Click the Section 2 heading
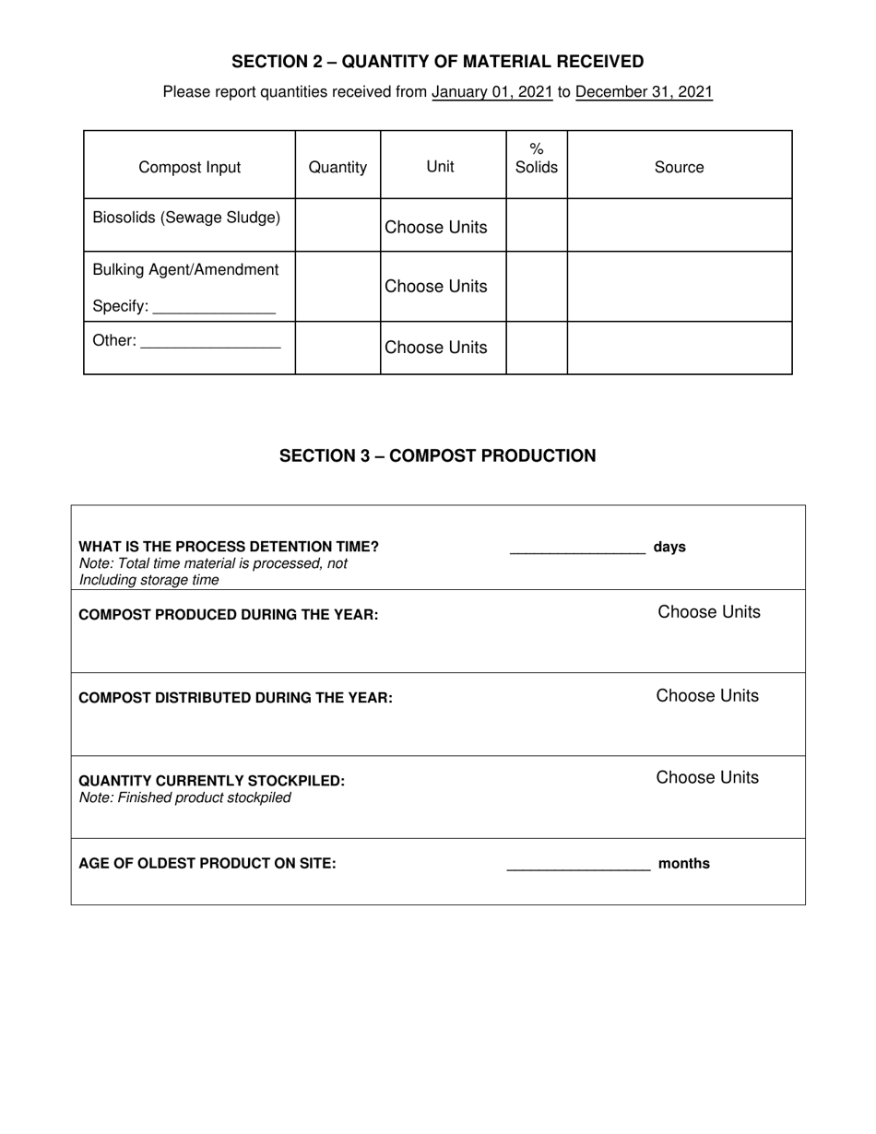[x=437, y=62]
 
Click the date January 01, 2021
[x=491, y=92]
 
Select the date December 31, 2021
[x=644, y=92]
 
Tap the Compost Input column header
[x=189, y=167]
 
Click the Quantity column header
[x=337, y=167]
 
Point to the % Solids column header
[x=536, y=159]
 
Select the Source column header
[x=679, y=167]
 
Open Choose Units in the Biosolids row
[x=435, y=228]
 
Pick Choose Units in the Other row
[x=435, y=348]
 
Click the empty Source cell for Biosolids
[x=679, y=226]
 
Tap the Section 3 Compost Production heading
[x=437, y=455]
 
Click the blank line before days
[x=577, y=549]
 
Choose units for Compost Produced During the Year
[x=708, y=612]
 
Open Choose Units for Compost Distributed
[x=707, y=696]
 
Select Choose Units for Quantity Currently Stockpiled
[x=707, y=777]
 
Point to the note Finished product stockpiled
[x=184, y=798]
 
